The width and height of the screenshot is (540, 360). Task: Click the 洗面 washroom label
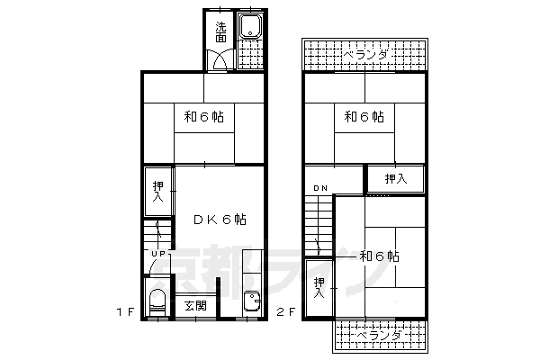point(220,32)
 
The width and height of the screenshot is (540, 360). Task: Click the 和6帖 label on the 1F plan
point(204,117)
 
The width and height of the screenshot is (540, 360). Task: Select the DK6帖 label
point(220,220)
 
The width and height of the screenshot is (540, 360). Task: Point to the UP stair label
point(157,254)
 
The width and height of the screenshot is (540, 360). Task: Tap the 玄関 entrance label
point(195,306)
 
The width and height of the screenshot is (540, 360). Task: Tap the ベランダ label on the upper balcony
point(365,56)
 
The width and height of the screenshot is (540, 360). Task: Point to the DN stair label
point(320,187)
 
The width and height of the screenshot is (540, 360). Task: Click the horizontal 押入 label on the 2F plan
point(396,179)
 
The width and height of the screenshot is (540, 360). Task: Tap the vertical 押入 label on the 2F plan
point(319,288)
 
